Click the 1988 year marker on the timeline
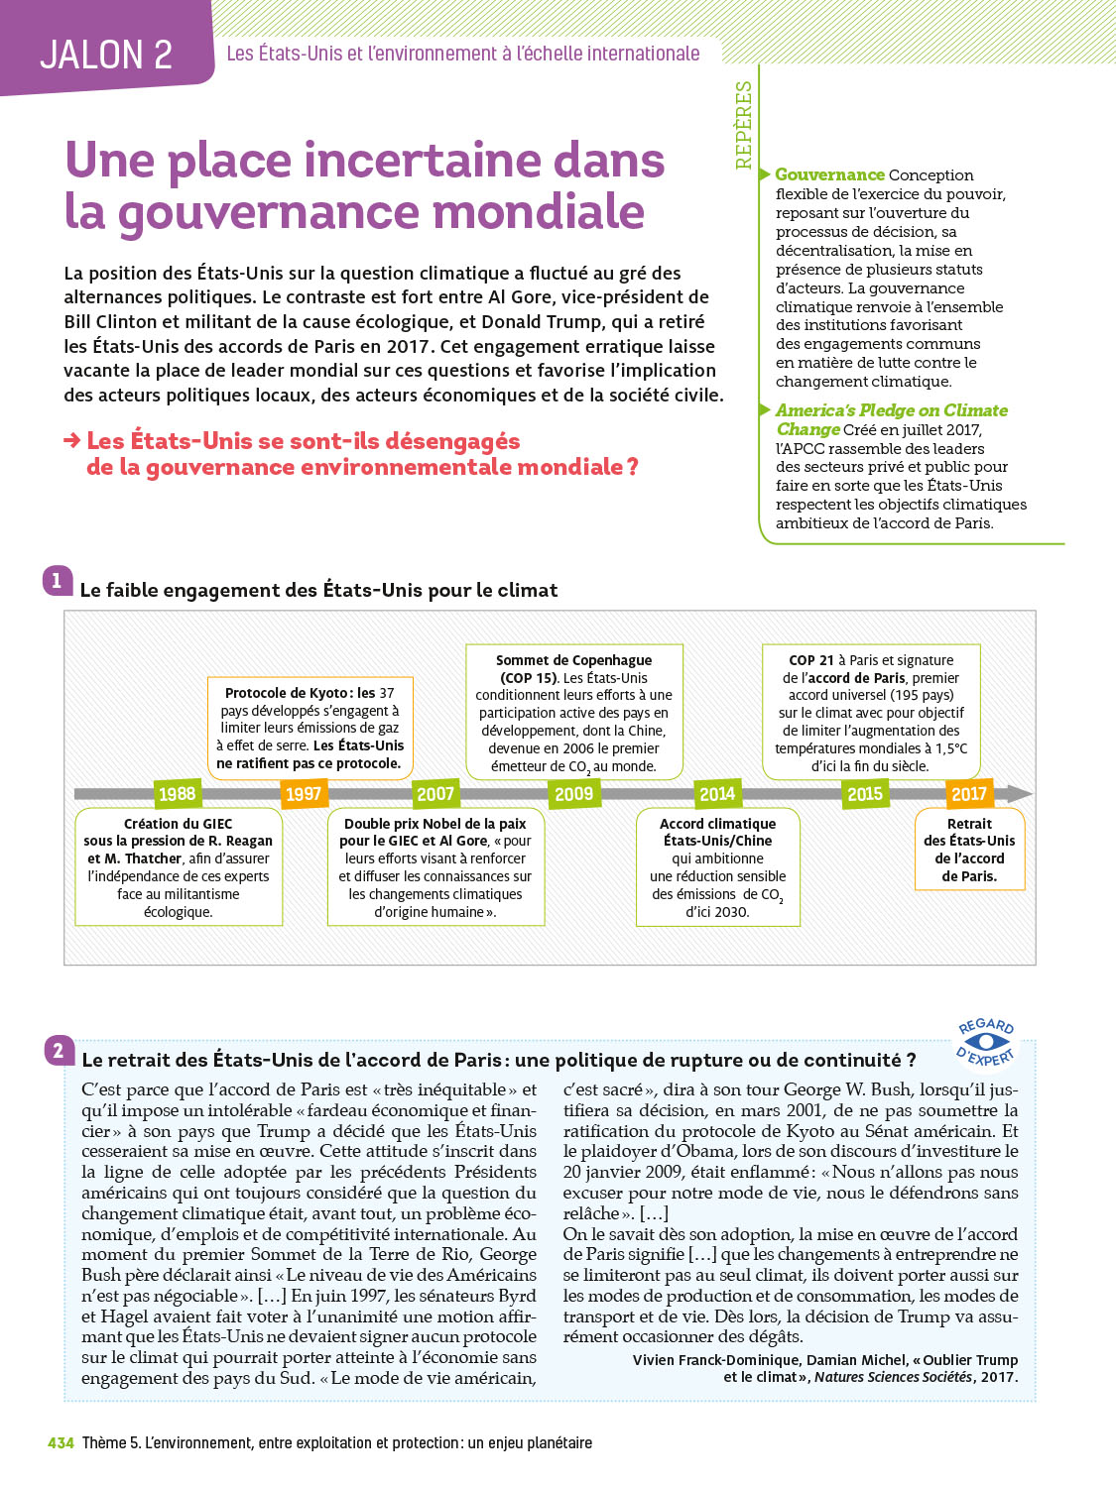178,794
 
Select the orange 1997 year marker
304,794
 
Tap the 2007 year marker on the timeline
435,794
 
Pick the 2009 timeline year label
573,794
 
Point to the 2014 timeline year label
717,794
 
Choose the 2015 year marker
865,794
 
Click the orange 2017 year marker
969,794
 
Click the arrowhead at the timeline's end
1019,794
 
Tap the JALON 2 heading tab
106,55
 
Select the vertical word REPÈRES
744,125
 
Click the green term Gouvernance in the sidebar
829,174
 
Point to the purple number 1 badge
57,580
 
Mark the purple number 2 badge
59,1051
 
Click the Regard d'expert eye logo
985,1042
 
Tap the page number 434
61,1443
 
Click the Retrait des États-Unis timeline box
969,850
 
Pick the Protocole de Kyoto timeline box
310,728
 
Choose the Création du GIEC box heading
179,824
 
